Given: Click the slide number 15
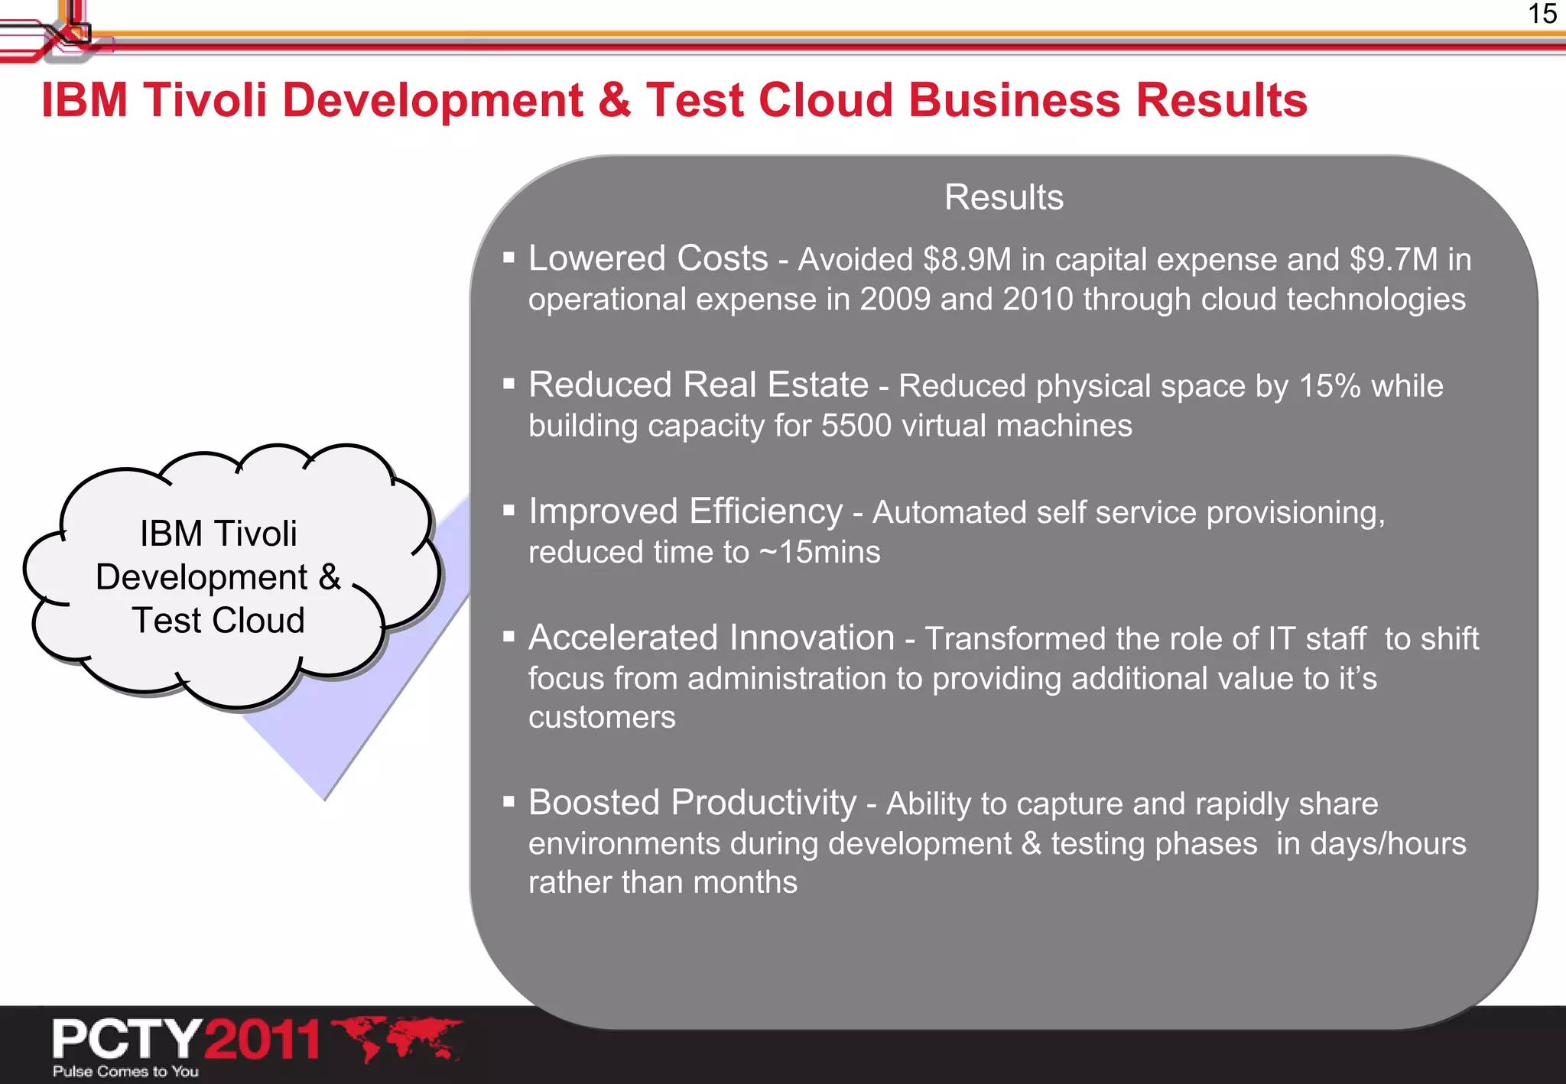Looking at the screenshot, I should [1542, 15].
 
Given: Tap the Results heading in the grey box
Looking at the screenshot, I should [1003, 197].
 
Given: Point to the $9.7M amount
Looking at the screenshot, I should [1393, 260].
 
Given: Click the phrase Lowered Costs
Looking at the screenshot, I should [648, 259].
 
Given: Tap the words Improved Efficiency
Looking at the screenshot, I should [685, 511].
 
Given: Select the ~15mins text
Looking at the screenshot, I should [820, 553].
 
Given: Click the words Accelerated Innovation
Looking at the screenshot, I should [711, 638].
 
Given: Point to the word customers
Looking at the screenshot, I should [602, 718].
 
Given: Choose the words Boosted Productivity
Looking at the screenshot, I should [692, 803].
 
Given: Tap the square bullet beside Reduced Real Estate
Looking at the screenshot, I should [508, 384].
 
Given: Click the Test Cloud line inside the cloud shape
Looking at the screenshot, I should [218, 620].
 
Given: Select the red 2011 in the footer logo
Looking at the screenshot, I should [262, 1040].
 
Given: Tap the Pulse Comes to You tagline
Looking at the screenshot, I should [125, 1072].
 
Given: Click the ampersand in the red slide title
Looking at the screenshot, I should [615, 100].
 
